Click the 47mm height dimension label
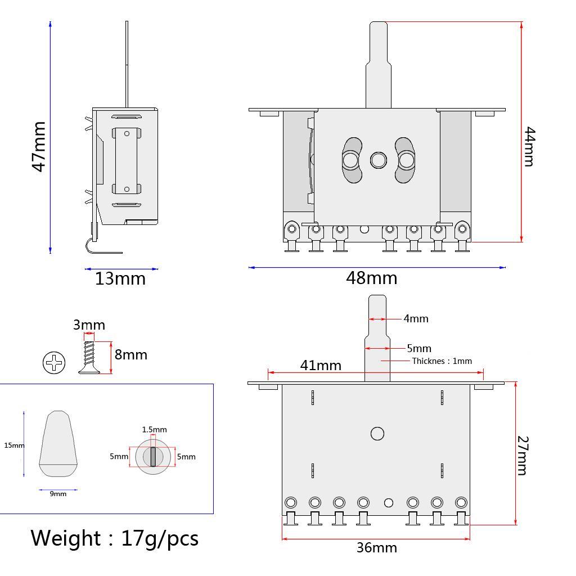pos(38,147)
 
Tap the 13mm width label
pos(120,278)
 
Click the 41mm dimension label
pos(321,365)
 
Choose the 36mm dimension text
pos(376,547)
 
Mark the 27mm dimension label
pos(522,455)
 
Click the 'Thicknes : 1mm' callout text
pos(442,361)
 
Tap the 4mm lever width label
pos(416,318)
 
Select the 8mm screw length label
pos(130,354)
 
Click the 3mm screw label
pos(89,325)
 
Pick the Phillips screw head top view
pos(54,363)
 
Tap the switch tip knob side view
pos(58,444)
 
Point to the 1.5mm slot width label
pos(154,430)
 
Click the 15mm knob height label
pos(14,445)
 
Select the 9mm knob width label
pos(58,494)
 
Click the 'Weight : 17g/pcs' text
pos(114,538)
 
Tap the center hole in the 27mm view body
pos(377,434)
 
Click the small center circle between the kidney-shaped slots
pos(378,160)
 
